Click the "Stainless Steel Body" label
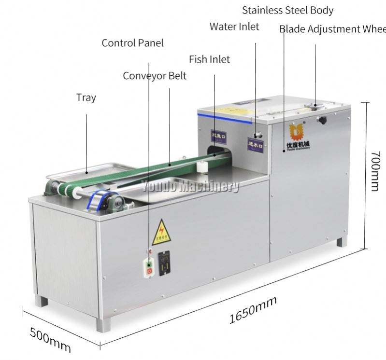287,10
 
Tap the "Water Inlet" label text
234,27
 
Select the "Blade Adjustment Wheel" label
332,29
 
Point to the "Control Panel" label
132,43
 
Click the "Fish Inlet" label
209,59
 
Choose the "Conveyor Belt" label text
154,76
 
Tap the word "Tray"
86,97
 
